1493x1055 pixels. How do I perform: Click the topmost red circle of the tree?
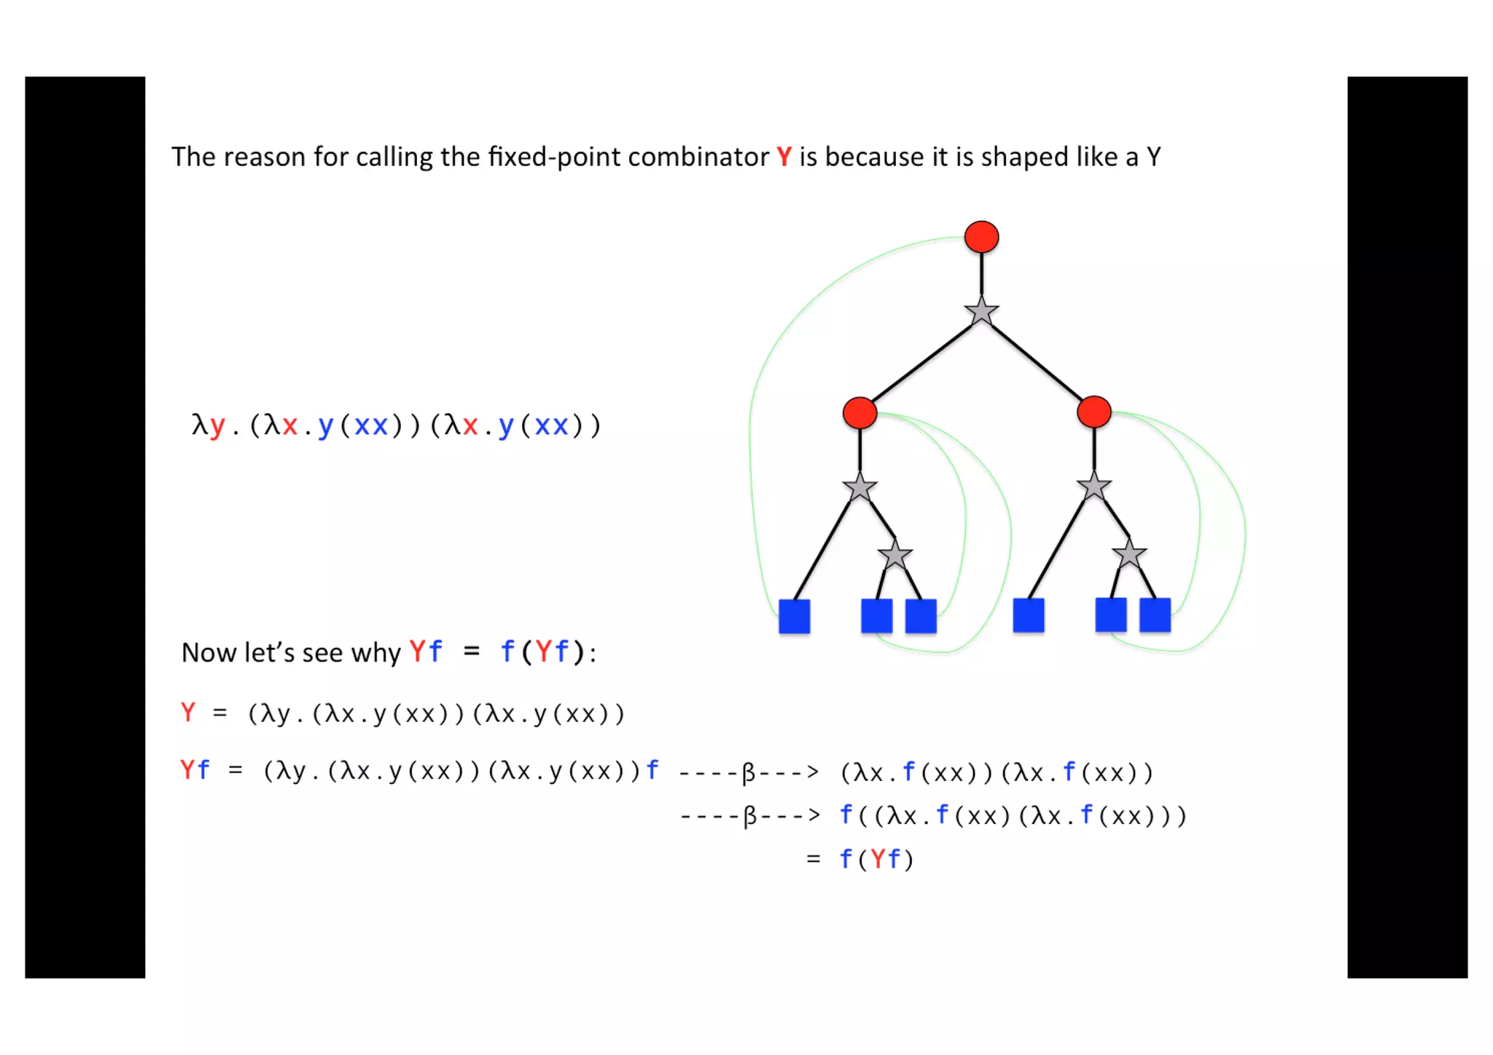[981, 238]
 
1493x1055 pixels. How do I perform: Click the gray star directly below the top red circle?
[981, 312]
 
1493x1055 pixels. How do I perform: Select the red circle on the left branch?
[859, 413]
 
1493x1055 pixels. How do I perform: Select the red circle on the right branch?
[1094, 412]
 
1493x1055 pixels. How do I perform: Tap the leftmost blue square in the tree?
[794, 616]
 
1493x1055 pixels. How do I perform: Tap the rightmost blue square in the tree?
[1155, 615]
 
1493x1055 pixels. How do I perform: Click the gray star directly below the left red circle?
[859, 487]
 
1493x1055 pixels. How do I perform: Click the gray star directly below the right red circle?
[1094, 487]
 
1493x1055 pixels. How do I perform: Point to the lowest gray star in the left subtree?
[895, 556]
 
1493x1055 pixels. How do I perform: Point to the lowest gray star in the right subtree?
[1129, 555]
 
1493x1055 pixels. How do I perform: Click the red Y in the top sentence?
[784, 157]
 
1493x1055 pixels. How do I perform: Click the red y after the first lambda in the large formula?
[217, 425]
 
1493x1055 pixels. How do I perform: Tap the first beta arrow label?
[749, 772]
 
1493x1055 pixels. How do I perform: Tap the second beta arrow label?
[749, 816]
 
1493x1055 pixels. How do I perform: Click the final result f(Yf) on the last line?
[876, 860]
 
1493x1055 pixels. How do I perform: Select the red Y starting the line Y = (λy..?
[188, 713]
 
